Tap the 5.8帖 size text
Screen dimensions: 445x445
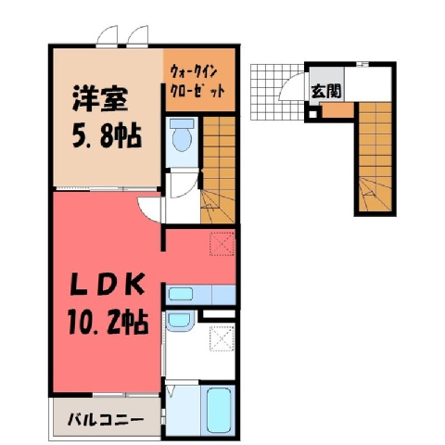tap(107, 136)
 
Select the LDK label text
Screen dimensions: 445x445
tap(107, 285)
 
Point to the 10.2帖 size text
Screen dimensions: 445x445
tap(108, 323)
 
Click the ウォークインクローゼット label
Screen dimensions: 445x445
tap(197, 82)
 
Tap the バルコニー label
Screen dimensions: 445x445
tap(106, 420)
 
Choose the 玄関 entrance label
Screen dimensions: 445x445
tap(326, 91)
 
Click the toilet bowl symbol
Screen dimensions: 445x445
tap(182, 135)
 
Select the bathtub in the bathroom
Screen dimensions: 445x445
tap(219, 411)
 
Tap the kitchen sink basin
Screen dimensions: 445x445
tap(181, 294)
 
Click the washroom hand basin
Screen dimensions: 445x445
tap(179, 321)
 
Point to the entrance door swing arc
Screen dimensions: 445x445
tap(289, 85)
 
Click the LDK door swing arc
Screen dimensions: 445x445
tap(147, 210)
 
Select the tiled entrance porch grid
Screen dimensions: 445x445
tap(277, 92)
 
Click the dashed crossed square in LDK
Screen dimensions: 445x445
tap(222, 244)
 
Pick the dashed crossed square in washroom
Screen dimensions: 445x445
tap(222, 338)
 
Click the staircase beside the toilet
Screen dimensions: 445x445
tap(218, 170)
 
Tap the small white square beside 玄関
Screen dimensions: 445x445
tap(312, 114)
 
